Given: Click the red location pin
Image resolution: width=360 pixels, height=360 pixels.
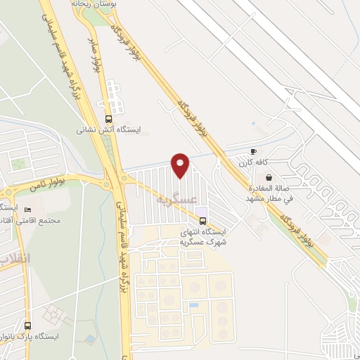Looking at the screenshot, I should (x=181, y=165).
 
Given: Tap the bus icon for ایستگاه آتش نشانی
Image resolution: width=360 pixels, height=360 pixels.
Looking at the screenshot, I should (x=108, y=119).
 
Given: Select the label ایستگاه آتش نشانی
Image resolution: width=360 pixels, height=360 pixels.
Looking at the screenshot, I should (x=108, y=130).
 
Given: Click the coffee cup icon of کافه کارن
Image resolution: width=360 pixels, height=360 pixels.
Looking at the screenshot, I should (x=253, y=151).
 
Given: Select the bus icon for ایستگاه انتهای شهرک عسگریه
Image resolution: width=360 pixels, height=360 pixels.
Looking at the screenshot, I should (x=203, y=220).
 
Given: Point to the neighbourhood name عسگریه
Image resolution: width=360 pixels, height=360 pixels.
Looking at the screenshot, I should (x=174, y=200).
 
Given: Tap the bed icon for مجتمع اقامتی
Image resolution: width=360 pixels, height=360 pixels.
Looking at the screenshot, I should (x=28, y=210).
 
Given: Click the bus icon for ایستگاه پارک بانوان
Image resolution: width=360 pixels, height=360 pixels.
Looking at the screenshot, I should (x=27, y=326).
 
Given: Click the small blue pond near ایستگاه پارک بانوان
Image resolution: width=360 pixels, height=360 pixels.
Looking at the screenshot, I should (x=90, y=339).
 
